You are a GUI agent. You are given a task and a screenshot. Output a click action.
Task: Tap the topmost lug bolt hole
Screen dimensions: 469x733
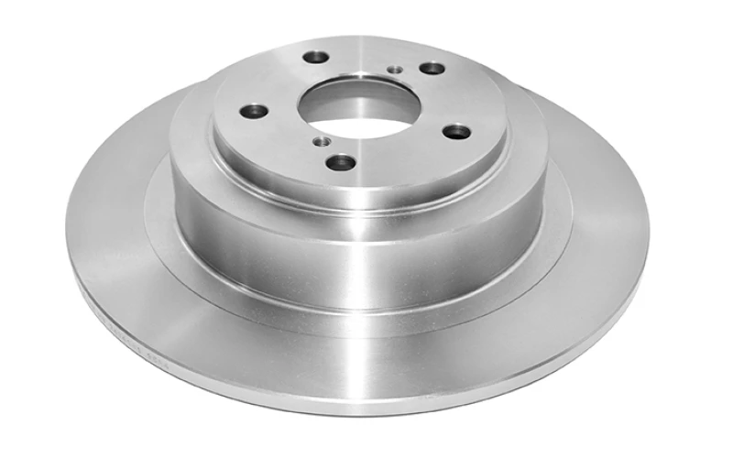[x=315, y=57]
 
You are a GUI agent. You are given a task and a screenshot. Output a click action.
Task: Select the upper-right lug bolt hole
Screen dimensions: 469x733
[x=432, y=69]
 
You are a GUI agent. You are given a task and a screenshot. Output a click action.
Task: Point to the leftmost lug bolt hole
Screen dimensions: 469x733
[x=254, y=112]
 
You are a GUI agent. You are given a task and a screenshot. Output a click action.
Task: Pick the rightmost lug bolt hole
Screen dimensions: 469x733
[x=455, y=131]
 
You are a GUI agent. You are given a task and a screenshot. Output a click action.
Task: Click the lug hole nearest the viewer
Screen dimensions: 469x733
[x=341, y=162]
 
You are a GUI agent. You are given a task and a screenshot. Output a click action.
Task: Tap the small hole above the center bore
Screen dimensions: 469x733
[x=395, y=69]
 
